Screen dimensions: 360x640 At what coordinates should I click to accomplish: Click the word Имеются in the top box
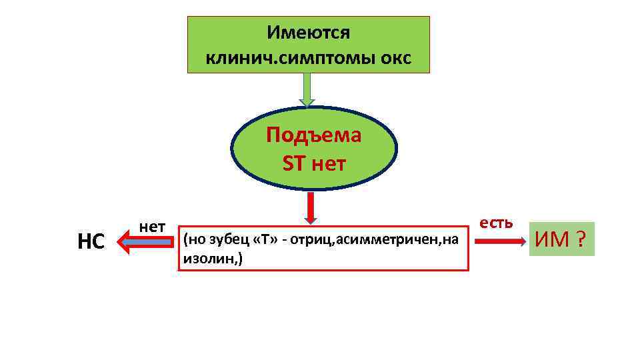tap(308, 32)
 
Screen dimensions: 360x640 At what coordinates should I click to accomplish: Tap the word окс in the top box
tap(396, 59)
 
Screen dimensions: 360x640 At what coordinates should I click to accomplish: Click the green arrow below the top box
tap(307, 89)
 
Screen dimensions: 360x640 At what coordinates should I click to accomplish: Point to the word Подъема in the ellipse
tap(313, 135)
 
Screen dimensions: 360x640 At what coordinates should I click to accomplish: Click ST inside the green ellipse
tap(293, 163)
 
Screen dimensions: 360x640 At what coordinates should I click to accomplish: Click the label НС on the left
tap(91, 242)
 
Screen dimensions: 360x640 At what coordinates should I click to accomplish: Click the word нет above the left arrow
tap(153, 226)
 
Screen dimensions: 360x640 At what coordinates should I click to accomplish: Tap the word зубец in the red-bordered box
tap(229, 240)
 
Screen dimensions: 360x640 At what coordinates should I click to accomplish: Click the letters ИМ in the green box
tap(555, 240)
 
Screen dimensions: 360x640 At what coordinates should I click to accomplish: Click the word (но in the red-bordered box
tap(193, 240)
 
